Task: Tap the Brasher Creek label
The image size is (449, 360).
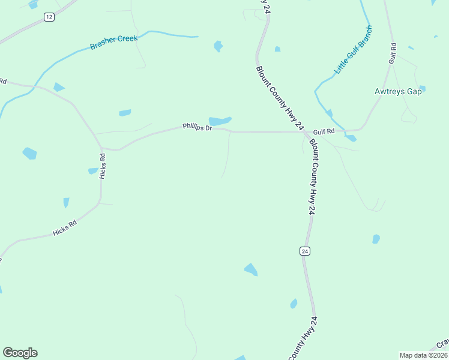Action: tap(114, 42)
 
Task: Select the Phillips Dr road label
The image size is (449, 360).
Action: tap(197, 127)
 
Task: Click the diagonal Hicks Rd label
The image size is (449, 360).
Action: tap(65, 228)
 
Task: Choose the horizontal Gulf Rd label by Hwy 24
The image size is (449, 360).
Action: tap(323, 131)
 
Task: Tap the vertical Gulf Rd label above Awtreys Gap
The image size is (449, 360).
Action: tap(393, 53)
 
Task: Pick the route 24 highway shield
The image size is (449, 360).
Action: tap(306, 251)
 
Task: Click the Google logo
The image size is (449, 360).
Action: tap(20, 353)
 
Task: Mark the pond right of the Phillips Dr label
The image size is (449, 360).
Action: tap(219, 121)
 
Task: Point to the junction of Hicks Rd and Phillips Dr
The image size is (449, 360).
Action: tap(102, 147)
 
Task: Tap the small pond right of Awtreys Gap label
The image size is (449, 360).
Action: tap(422, 89)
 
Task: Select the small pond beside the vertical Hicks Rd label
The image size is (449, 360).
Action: tap(92, 171)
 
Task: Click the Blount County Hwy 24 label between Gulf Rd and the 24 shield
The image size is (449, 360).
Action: tap(312, 177)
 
